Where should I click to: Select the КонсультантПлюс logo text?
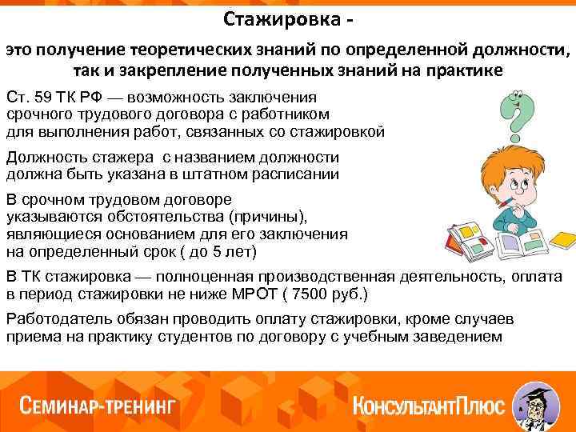pos(428,405)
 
